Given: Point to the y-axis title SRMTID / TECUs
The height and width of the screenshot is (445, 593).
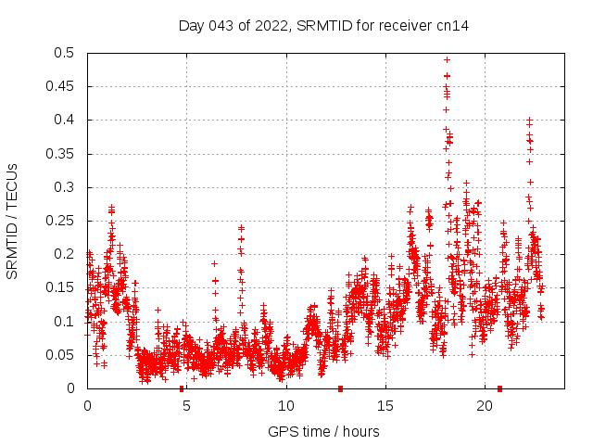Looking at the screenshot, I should coord(12,221).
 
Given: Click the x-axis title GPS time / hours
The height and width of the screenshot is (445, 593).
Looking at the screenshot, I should coord(323,431).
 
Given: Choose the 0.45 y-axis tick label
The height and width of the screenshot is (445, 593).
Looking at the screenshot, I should coord(63,86).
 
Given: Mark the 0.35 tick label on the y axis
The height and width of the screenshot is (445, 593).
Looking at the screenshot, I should coord(63,154).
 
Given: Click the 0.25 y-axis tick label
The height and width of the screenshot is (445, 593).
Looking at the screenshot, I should coord(63,221).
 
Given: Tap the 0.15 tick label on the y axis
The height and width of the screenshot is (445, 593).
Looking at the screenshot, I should coord(63,287).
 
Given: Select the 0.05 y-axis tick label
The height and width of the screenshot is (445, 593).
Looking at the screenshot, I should coord(63,355).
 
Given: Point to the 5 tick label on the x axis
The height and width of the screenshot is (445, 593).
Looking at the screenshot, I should coord(186,406).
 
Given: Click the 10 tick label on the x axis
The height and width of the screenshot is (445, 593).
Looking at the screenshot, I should coord(285,406).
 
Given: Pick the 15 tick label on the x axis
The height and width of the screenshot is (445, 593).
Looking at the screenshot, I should coord(385,406).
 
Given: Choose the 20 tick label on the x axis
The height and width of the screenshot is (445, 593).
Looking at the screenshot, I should coord(484,406).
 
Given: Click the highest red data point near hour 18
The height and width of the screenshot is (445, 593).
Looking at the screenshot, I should coord(447,59).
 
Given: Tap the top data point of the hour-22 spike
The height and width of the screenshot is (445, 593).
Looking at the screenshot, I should coord(529,121).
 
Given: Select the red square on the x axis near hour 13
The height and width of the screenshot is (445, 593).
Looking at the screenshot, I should coord(341,388).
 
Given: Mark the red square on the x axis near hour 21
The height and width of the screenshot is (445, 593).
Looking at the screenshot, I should coord(500,388).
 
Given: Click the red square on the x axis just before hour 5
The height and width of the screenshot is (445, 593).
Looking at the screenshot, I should coord(182,388).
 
